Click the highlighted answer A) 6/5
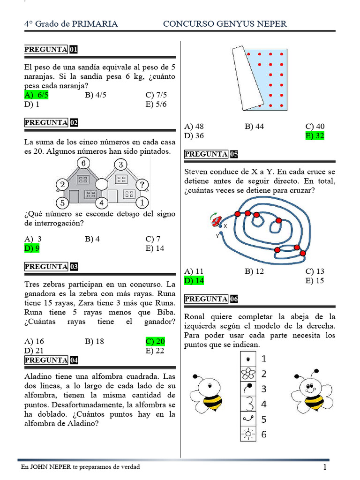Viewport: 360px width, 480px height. pyautogui.click(x=36, y=95)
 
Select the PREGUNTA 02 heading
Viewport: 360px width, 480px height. pyautogui.click(x=51, y=123)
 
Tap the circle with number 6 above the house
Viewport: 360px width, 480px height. pyautogui.click(x=83, y=164)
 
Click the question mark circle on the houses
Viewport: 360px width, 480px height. pyautogui.click(x=142, y=184)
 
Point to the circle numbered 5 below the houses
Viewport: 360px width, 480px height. pyautogui.click(x=62, y=203)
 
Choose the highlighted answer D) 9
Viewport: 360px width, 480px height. pyautogui.click(x=32, y=248)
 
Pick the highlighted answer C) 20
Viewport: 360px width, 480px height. pyautogui.click(x=155, y=341)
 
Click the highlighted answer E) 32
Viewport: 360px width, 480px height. pyautogui.click(x=315, y=136)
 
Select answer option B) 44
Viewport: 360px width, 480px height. pyautogui.click(x=254, y=127)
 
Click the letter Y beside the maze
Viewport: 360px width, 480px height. pyautogui.click(x=217, y=236)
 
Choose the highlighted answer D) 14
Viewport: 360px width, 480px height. pyautogui.click(x=194, y=281)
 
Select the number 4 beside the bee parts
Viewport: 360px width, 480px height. pyautogui.click(x=264, y=404)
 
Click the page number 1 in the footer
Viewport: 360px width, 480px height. pyautogui.click(x=324, y=468)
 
